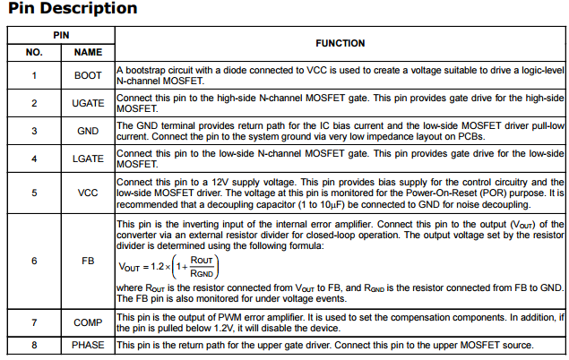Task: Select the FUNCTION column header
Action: [340, 43]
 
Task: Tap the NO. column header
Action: [34, 52]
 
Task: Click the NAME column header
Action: [88, 52]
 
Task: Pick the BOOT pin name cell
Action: [88, 75]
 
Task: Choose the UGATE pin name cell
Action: [88, 103]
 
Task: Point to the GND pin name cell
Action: [88, 131]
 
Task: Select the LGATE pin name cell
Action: [88, 159]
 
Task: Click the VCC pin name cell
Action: [88, 192]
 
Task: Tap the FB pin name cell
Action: [88, 261]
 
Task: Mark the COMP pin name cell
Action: [88, 322]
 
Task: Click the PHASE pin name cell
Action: [88, 346]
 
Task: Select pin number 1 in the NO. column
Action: [34, 75]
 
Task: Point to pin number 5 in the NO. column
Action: [34, 192]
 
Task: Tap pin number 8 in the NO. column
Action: [34, 346]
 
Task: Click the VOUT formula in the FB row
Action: [168, 266]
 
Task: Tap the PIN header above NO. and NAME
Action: [61, 34]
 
